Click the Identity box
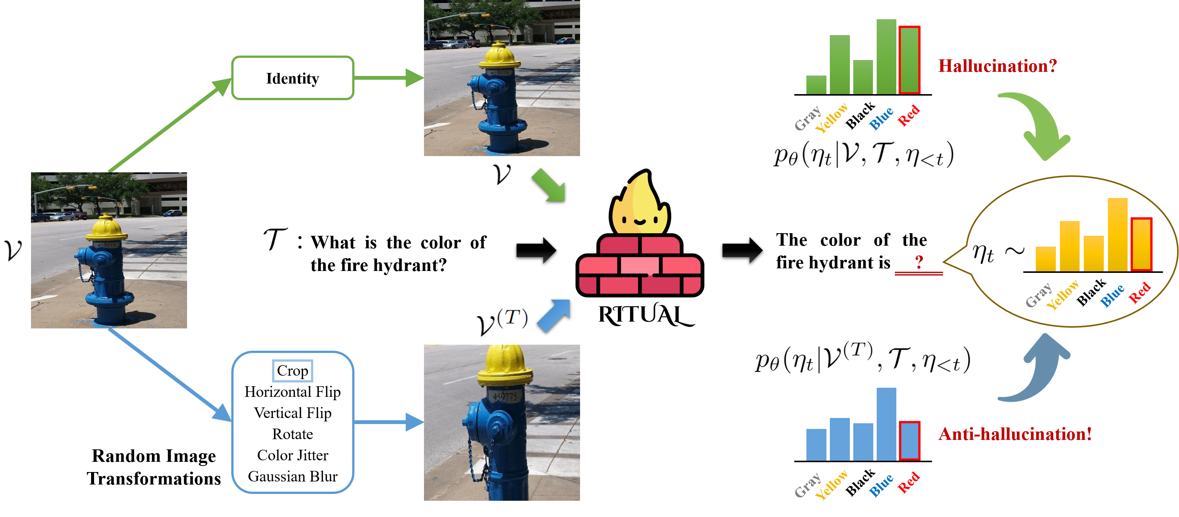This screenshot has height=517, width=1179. (292, 78)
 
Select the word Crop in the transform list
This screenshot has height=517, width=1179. (292, 370)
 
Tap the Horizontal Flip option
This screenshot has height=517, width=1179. (292, 392)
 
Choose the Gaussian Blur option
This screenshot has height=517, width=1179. (292, 476)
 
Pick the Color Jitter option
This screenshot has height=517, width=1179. (292, 455)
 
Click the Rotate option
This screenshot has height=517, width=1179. (292, 434)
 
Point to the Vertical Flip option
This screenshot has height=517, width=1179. (292, 413)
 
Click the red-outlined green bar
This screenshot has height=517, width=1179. (909, 60)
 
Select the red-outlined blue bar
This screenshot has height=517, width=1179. (909, 441)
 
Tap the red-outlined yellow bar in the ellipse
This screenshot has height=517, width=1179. (1140, 244)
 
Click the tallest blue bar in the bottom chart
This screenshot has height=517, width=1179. (886, 424)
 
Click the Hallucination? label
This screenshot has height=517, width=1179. (998, 66)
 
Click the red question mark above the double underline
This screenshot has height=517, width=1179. (919, 262)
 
